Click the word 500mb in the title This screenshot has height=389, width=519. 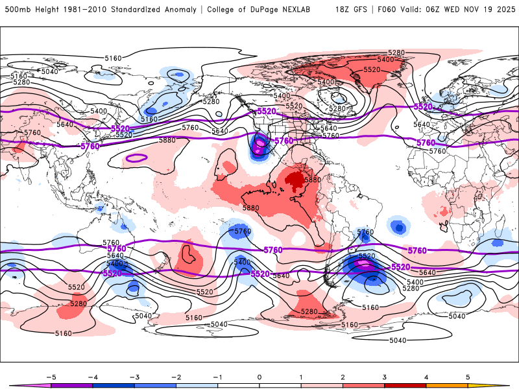[16, 10]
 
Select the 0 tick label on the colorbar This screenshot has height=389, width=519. [259, 376]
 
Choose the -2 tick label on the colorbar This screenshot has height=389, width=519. [175, 376]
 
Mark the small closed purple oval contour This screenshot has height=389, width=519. [136, 158]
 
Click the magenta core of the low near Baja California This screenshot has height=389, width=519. [260, 144]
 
